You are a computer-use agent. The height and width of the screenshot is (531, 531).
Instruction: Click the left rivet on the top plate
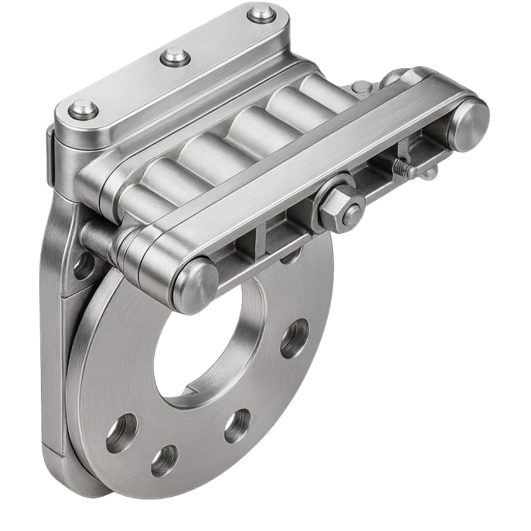tap(81, 112)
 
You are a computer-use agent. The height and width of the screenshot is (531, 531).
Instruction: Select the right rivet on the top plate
tap(262, 12)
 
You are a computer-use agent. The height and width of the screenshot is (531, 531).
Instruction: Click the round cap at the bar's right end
tap(467, 124)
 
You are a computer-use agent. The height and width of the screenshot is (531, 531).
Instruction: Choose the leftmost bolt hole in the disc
tap(121, 434)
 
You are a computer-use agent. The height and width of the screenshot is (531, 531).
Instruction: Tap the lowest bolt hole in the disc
tap(165, 460)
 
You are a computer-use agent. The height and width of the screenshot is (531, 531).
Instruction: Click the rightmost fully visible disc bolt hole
tap(295, 339)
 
